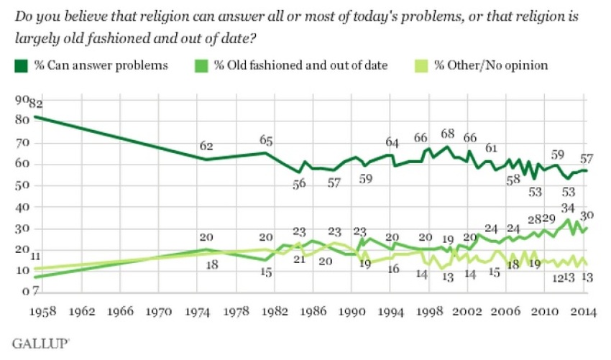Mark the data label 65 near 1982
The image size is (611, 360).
(x=267, y=140)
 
